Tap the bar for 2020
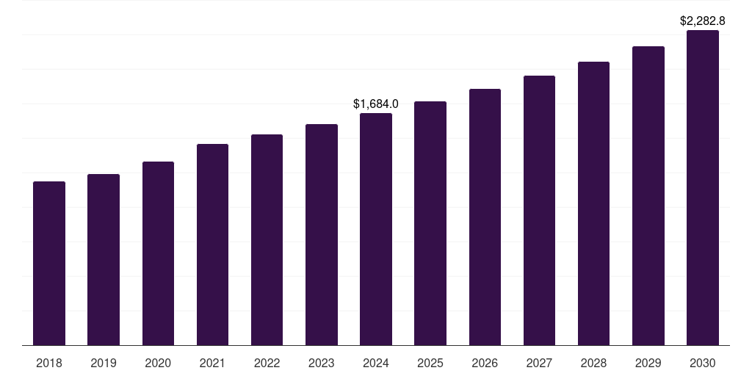click(158, 253)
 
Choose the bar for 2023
click(322, 234)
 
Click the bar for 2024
click(376, 229)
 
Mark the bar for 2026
click(485, 217)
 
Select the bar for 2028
click(593, 203)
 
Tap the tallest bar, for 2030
click(703, 187)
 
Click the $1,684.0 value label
click(376, 104)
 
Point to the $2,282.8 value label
click(703, 21)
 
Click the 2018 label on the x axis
click(49, 363)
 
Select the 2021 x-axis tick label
click(212, 363)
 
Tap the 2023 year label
click(322, 363)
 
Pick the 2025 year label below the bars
click(430, 363)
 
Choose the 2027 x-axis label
click(539, 363)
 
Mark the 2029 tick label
click(648, 363)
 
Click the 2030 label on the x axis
click(703, 363)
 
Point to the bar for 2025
click(430, 223)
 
